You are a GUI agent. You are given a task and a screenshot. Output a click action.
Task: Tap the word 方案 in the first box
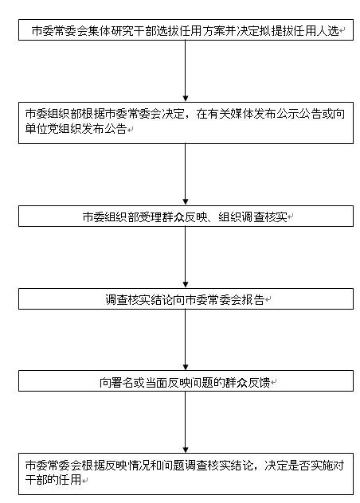pos(214,31)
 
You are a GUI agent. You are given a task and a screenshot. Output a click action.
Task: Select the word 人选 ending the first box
pos(328,31)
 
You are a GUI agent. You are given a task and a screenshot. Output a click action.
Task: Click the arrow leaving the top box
pos(186,71)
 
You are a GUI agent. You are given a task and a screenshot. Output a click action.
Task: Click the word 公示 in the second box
pos(288,114)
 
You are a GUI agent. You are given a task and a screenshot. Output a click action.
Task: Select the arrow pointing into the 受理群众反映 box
pos(186,174)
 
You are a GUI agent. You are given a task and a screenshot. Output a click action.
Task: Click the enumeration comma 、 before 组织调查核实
pos(211,220)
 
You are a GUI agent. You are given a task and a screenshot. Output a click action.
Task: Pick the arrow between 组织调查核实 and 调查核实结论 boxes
pos(186,257)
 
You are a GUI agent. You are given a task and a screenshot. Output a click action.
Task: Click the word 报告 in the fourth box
pos(253,299)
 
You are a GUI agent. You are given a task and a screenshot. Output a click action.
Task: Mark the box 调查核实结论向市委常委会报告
pos(186,298)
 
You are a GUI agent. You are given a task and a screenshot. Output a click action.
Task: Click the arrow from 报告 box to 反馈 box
pos(186,340)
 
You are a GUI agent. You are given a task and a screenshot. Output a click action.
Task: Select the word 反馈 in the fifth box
pos(259,382)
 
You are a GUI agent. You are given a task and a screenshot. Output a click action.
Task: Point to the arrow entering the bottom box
pos(186,422)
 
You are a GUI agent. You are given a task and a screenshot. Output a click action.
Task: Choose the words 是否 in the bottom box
pos(299,465)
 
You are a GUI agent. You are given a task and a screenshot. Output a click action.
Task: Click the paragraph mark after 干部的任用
pos(84,481)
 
